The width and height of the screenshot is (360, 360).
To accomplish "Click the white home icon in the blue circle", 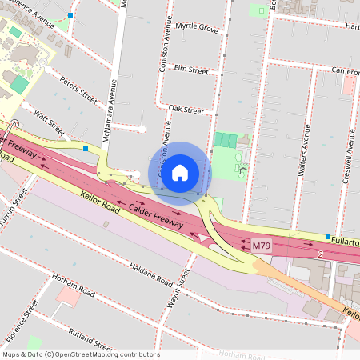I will (x=180, y=172).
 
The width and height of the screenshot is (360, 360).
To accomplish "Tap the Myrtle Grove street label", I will (x=196, y=28).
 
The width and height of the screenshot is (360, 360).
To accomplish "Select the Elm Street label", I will (x=190, y=70).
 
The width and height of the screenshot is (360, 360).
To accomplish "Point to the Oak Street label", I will (x=186, y=110).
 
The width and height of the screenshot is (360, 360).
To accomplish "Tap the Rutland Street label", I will (x=90, y=340).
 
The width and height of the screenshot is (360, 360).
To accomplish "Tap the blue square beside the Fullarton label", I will (x=327, y=237).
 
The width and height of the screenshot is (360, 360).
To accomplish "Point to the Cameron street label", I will (x=346, y=70).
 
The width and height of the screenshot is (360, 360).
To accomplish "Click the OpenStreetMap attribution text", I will (x=81, y=354).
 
